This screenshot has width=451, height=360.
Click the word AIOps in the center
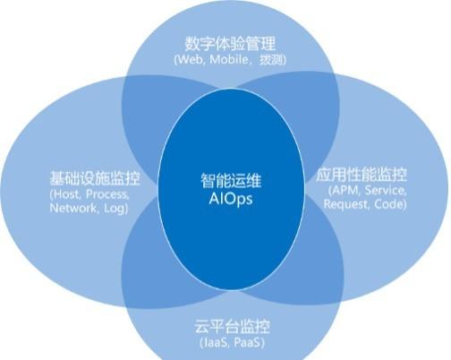pos(231,199)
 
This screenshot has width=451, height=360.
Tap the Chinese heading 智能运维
pos(231,181)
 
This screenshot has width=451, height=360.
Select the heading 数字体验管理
pos(230,44)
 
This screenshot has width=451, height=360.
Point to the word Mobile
pos(229,59)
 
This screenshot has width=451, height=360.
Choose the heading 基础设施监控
pos(95,178)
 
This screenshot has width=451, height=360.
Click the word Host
pos(67,194)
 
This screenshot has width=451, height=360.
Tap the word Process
pos(107,194)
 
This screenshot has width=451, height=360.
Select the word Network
pos(73,208)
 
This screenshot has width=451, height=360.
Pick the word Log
pos(114,209)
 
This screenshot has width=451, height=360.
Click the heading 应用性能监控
pos(362,175)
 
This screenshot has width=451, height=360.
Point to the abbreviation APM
pos(345,190)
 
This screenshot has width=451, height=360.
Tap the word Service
pos(386,190)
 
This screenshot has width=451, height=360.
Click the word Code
pos(388,204)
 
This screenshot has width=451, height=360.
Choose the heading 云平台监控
pos(232,327)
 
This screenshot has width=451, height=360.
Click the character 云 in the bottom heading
pos(201,327)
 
